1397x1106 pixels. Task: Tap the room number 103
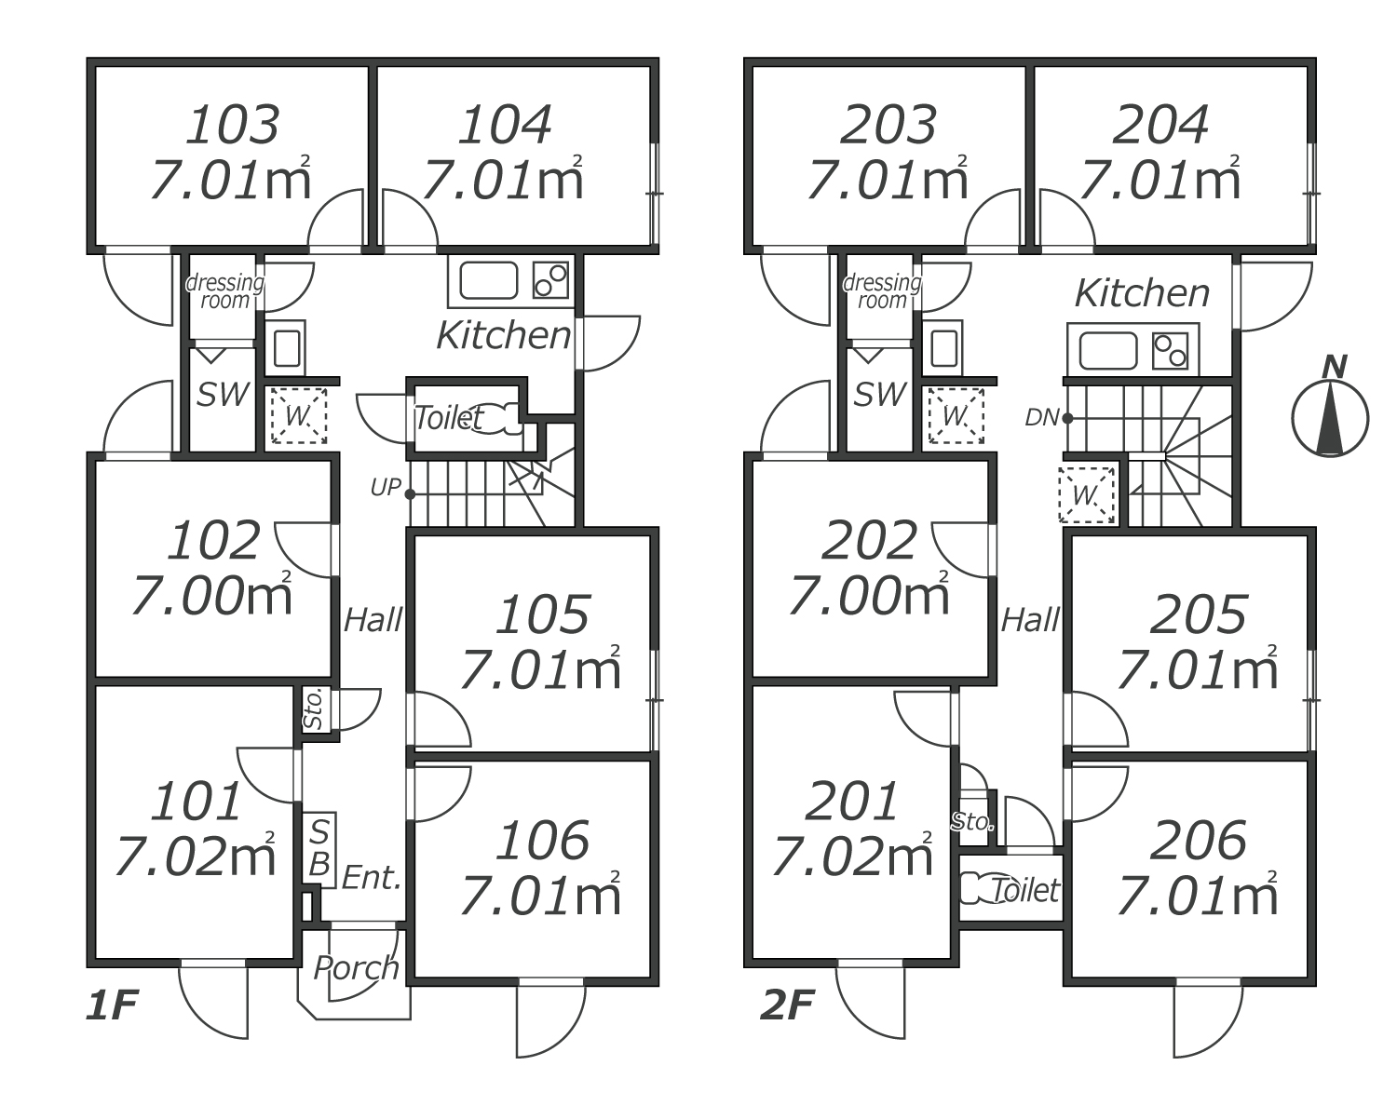(x=233, y=125)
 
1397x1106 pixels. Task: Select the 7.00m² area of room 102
(x=211, y=596)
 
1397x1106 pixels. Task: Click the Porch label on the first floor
(x=356, y=968)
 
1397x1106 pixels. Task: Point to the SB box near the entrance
(x=319, y=847)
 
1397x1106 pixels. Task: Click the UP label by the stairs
(x=385, y=488)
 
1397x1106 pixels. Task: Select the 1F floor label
(x=112, y=1006)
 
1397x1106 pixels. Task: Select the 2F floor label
(x=787, y=1006)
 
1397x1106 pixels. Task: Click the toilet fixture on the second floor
(x=977, y=888)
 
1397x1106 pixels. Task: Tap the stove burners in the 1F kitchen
(x=550, y=279)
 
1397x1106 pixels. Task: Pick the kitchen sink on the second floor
(x=1107, y=352)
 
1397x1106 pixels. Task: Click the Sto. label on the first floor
(x=314, y=709)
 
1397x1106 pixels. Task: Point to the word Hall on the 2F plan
(x=1030, y=620)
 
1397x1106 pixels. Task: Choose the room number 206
(x=1198, y=841)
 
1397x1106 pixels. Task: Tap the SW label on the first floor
(x=223, y=395)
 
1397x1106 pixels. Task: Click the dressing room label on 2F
(x=881, y=290)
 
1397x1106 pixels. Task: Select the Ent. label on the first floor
(x=371, y=877)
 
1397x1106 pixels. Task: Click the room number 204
(x=1160, y=125)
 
